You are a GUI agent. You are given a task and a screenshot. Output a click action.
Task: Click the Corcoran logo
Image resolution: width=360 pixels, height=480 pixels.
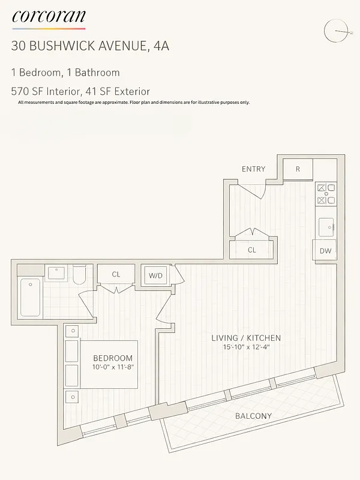tap(49, 17)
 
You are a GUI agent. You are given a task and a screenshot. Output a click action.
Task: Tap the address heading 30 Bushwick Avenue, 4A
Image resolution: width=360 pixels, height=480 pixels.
tap(90, 46)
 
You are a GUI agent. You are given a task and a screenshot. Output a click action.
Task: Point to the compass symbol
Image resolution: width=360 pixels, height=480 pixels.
tap(336, 31)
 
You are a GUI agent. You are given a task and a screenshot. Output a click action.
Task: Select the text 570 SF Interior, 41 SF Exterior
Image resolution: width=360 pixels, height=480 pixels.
tap(80, 92)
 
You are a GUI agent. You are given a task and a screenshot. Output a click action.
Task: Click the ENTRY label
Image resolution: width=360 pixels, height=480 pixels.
tap(253, 169)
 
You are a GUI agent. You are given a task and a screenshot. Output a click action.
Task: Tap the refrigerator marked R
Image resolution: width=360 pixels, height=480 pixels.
tap(298, 169)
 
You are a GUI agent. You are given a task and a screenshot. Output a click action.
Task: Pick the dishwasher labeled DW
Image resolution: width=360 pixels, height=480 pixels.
tap(325, 251)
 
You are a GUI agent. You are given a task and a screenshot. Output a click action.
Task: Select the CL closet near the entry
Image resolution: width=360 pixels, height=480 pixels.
tap(252, 250)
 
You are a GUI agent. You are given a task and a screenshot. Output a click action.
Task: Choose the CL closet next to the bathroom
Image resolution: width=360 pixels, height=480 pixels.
tap(116, 274)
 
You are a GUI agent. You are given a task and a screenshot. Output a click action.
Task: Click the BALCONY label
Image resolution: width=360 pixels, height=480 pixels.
tap(253, 416)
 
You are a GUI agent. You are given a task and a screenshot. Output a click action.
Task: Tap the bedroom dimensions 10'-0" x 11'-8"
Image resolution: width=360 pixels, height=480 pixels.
tap(113, 367)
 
